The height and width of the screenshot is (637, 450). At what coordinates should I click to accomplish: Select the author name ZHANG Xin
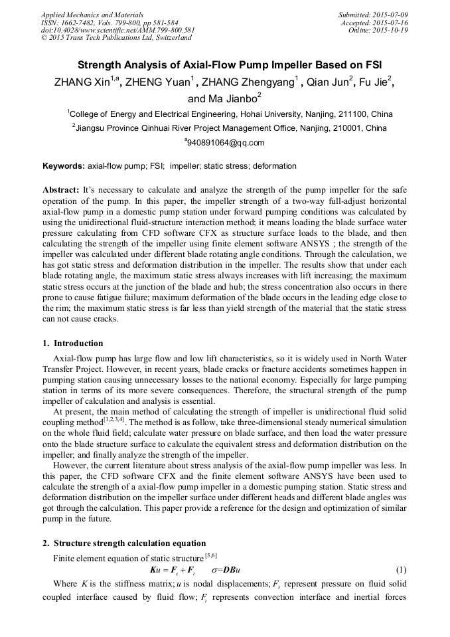(x=79, y=82)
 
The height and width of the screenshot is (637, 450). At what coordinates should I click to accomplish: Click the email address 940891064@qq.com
(x=226, y=143)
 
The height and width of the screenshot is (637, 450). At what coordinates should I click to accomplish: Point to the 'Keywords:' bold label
(x=63, y=166)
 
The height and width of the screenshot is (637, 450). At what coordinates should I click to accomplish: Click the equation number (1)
(x=401, y=571)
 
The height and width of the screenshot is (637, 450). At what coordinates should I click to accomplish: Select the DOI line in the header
(x=117, y=30)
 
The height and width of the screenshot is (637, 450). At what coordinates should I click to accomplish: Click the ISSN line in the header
(x=109, y=22)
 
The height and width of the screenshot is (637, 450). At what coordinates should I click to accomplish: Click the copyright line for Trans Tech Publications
(x=115, y=38)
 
